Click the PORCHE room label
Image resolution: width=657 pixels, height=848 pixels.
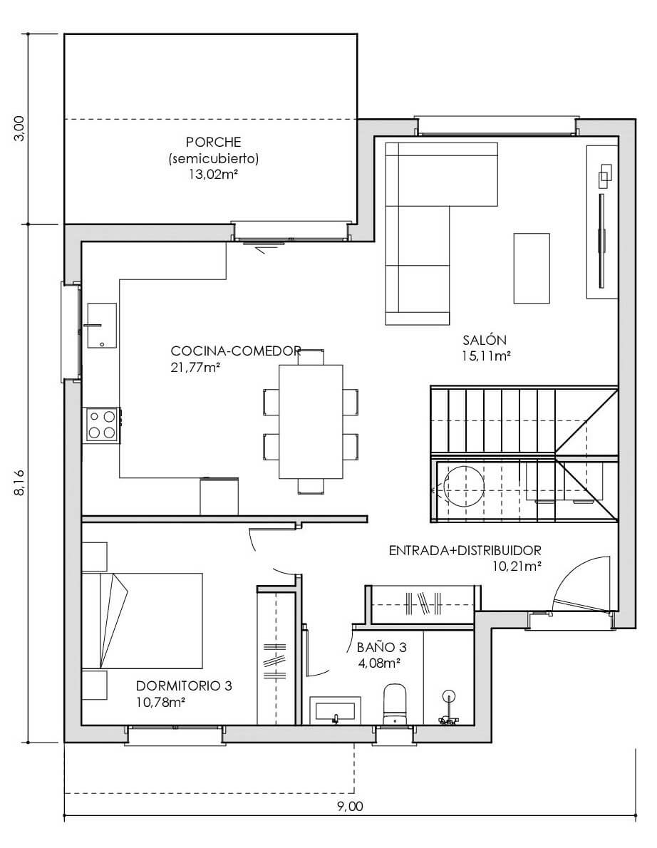click(213, 143)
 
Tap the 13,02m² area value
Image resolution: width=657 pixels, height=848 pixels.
click(213, 175)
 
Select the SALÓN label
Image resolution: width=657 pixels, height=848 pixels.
click(485, 340)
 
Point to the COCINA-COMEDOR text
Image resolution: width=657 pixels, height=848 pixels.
click(236, 351)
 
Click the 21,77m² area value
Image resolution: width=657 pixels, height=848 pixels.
click(195, 367)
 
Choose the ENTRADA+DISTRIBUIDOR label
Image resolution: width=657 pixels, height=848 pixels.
click(465, 551)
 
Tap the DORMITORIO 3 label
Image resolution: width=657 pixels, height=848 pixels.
click(184, 686)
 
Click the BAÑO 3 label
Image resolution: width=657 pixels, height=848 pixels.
click(382, 647)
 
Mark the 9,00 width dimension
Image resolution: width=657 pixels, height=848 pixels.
click(351, 807)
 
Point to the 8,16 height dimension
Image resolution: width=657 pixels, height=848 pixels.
click(19, 482)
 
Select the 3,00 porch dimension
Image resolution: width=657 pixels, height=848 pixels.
click(19, 129)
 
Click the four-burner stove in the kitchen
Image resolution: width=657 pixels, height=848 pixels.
click(102, 425)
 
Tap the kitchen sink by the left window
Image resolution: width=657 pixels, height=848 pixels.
click(101, 325)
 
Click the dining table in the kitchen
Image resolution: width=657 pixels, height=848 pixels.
click(311, 422)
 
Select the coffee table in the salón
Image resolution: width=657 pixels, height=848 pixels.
click(532, 268)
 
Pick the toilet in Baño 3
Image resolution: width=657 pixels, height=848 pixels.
click(395, 704)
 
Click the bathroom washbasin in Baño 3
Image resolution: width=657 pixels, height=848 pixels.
click(335, 710)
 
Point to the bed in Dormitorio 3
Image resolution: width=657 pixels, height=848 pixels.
click(143, 621)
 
